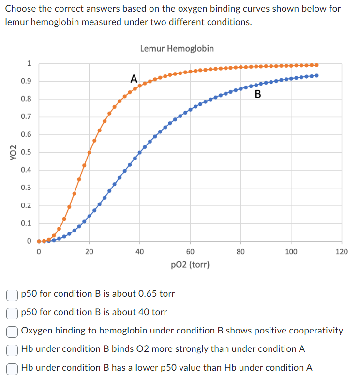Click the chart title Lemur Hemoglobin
tap(177, 48)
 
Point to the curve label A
tap(134, 78)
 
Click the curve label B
tap(257, 94)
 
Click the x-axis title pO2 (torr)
tap(190, 264)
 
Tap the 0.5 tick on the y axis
tap(26, 152)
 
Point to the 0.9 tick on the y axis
tap(26, 81)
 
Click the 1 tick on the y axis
tap(29, 63)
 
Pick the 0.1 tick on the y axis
tap(26, 223)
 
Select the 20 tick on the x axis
tap(89, 251)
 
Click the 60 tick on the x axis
tap(190, 251)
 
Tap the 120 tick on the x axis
tap(341, 251)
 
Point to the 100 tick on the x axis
tap(291, 251)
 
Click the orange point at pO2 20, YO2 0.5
tap(89, 152)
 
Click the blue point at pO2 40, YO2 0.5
tap(140, 152)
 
